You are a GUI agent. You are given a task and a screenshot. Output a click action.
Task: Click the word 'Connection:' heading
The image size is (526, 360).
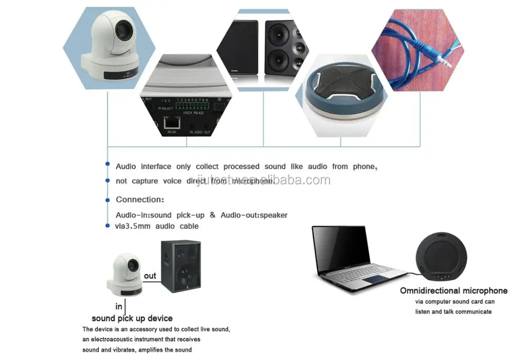[x=140, y=200]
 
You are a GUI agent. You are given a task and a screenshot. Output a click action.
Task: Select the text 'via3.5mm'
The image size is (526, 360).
[x=131, y=226]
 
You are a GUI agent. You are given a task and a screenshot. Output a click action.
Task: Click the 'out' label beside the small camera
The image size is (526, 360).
[x=150, y=275]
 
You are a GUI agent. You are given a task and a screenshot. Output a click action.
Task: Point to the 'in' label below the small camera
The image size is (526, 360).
[x=119, y=306]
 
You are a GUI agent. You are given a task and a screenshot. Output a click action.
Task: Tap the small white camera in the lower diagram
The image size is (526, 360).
[x=124, y=273]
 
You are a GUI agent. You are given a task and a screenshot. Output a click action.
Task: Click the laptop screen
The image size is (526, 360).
[x=340, y=246]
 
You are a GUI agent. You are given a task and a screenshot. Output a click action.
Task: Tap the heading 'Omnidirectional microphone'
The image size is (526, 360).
[x=453, y=291]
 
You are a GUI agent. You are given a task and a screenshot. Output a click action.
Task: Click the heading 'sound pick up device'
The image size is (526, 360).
[x=132, y=318]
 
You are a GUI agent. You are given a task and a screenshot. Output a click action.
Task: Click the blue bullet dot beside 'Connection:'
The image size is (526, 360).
[x=107, y=199]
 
